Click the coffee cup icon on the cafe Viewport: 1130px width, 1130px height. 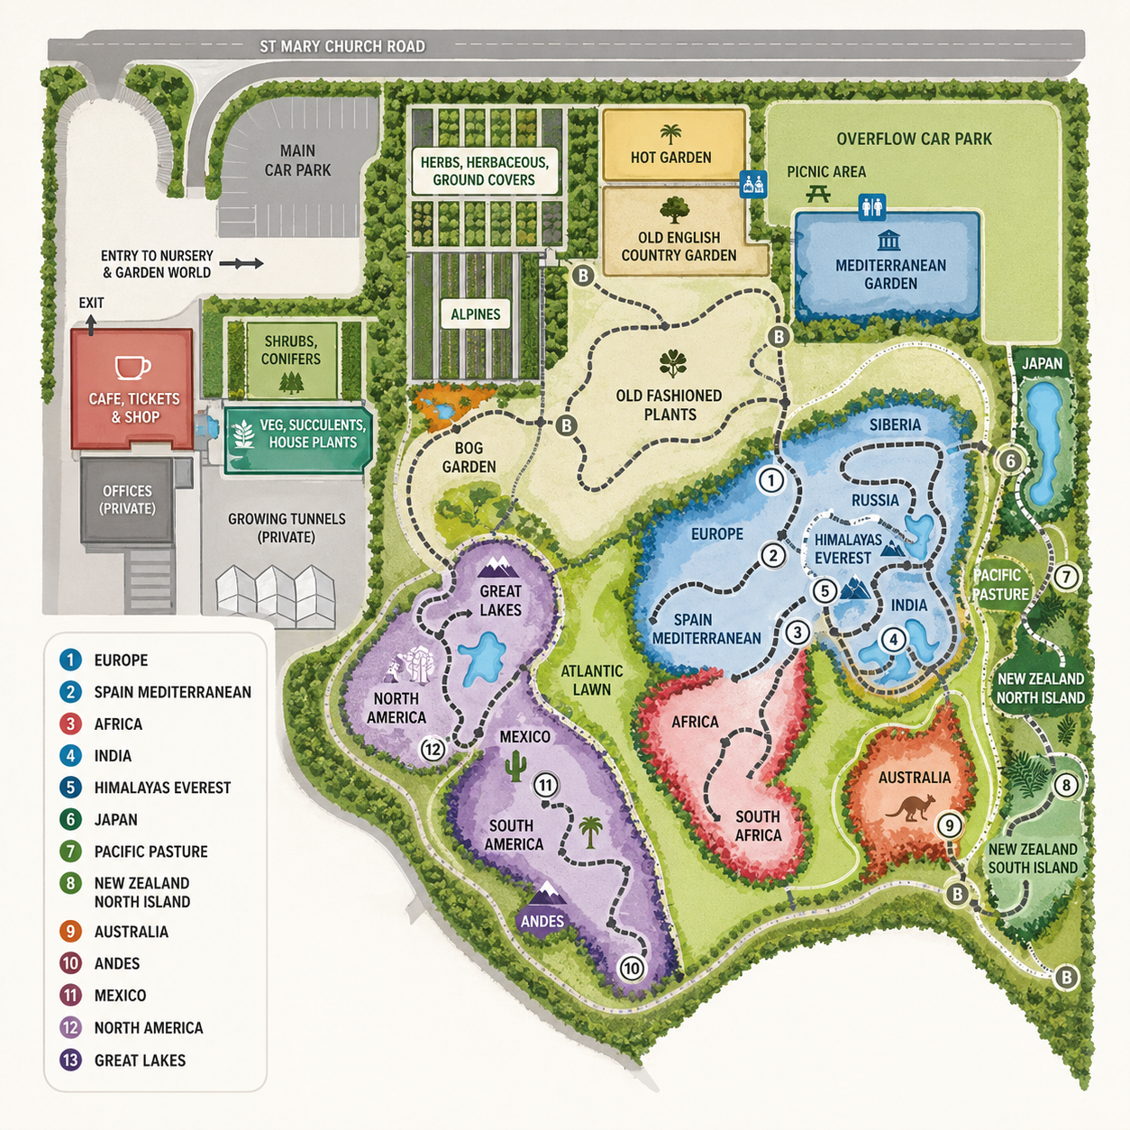tap(132, 368)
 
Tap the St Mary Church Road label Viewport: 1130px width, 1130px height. tap(342, 46)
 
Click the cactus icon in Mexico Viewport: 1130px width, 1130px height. tap(515, 766)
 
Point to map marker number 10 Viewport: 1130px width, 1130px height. tap(632, 969)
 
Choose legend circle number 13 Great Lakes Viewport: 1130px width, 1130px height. tap(70, 1060)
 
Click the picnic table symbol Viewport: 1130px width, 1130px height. tap(818, 192)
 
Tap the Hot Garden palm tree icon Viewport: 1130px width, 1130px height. tap(670, 134)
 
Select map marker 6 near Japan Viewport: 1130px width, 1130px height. tap(1010, 460)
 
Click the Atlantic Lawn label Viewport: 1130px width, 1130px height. tap(591, 680)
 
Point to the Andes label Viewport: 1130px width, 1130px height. tap(542, 921)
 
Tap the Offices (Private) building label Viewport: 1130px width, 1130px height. tap(127, 499)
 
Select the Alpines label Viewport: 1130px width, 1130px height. tap(475, 314)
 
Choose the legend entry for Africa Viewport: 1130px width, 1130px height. tap(118, 724)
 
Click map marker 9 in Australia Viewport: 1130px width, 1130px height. tap(949, 825)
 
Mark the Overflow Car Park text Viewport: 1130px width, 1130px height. tap(913, 139)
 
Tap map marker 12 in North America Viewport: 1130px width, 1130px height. tap(433, 749)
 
